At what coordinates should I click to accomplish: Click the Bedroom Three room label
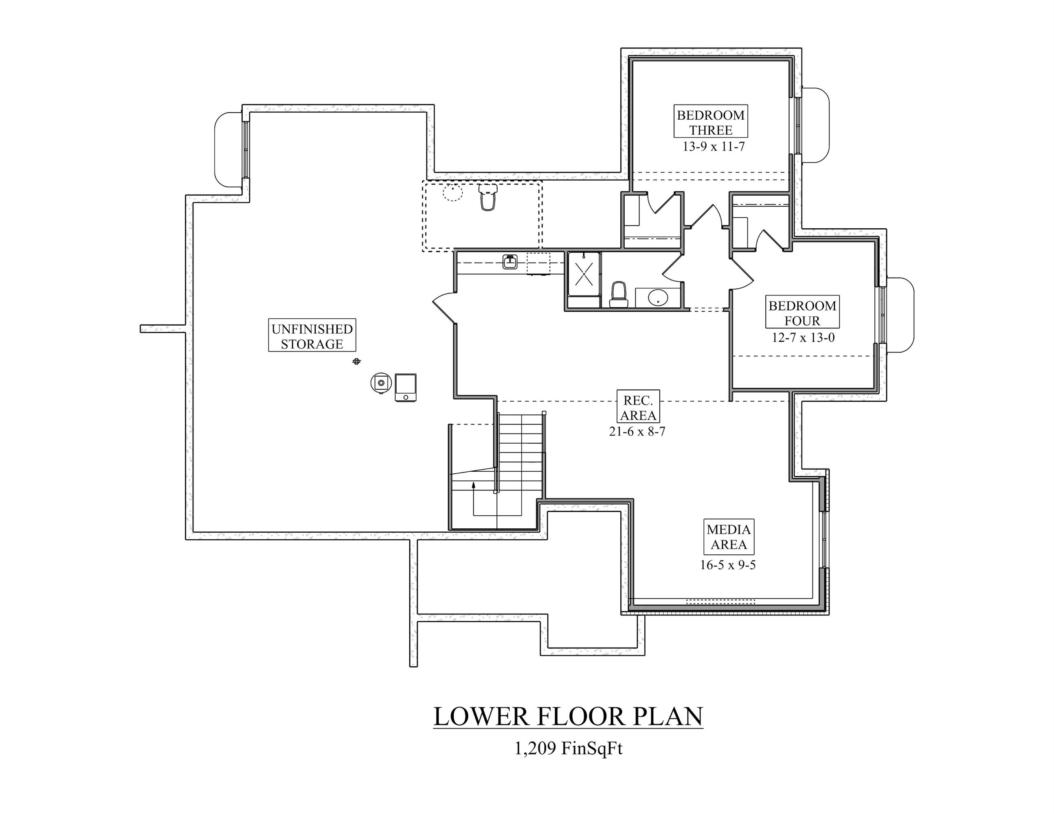(x=710, y=122)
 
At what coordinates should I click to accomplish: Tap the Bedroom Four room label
(x=802, y=313)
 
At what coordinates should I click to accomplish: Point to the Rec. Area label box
(x=638, y=407)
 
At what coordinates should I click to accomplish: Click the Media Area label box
(x=728, y=536)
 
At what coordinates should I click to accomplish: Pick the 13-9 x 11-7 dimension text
(x=713, y=147)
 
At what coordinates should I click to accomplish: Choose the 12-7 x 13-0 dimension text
(x=803, y=337)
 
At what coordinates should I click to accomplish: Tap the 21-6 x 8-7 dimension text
(x=637, y=431)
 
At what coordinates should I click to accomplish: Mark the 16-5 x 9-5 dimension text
(x=728, y=565)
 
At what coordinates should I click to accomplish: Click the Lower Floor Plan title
(x=568, y=717)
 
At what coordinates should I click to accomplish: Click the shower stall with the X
(x=584, y=274)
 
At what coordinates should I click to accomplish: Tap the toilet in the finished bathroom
(x=618, y=295)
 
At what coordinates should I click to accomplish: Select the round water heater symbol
(x=381, y=383)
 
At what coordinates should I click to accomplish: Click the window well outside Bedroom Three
(x=816, y=125)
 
